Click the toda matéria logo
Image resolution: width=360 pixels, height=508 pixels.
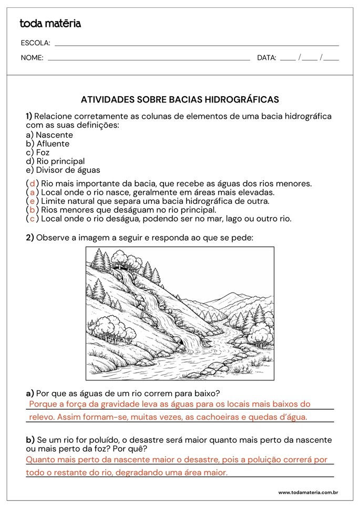[x=50, y=24]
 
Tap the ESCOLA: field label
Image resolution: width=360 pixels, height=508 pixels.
[x=35, y=43]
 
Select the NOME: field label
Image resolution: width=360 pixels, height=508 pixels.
[x=32, y=58]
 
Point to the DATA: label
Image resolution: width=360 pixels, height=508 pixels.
[x=266, y=58]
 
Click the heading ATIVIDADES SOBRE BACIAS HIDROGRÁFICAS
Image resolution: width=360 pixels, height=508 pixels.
[x=180, y=99]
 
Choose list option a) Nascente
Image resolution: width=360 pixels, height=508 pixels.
[x=49, y=135]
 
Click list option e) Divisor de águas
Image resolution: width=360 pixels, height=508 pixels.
[x=63, y=170]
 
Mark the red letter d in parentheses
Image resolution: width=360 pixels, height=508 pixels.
[x=33, y=183]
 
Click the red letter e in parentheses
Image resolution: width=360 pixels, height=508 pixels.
[x=33, y=201]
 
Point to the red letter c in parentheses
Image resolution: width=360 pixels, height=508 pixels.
[x=33, y=219]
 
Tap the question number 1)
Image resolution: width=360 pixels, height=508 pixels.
[x=29, y=116]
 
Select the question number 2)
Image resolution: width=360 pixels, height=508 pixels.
[x=30, y=237]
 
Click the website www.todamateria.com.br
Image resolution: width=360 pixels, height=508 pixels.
[x=307, y=492]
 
